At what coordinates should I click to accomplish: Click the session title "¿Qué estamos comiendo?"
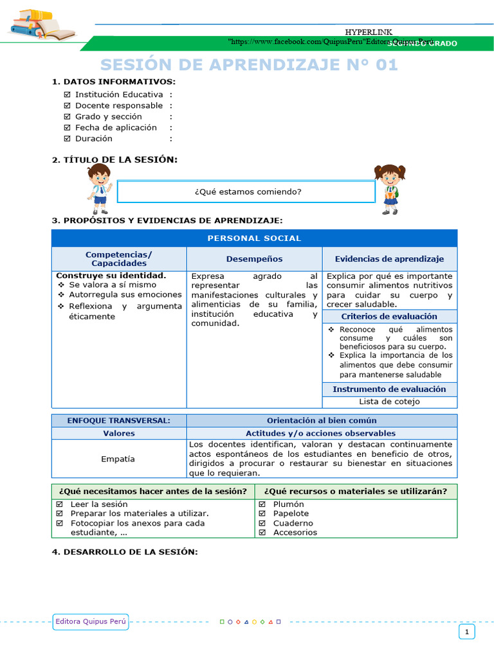click(x=248, y=191)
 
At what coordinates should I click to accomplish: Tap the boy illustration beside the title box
click(x=100, y=188)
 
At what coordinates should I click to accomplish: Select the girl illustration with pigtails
click(x=390, y=189)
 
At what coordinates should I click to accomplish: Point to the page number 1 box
click(x=467, y=632)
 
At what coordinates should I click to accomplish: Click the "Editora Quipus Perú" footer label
click(x=91, y=621)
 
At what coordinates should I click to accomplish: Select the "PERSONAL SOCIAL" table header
click(x=254, y=238)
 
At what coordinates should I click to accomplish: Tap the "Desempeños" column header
click(x=254, y=259)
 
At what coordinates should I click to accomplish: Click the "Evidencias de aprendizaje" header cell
click(x=389, y=259)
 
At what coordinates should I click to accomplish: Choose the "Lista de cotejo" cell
click(x=389, y=402)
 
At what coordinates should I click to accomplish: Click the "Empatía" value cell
click(x=118, y=459)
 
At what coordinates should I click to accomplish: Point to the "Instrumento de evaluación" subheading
click(x=389, y=389)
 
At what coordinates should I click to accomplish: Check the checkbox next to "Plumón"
click(x=262, y=504)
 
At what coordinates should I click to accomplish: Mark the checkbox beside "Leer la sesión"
click(x=59, y=504)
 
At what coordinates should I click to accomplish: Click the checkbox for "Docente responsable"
click(x=68, y=105)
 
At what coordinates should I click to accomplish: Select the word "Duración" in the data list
click(x=93, y=138)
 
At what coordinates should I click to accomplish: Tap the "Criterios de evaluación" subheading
click(x=389, y=316)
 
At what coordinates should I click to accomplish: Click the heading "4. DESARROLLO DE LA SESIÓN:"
click(x=125, y=552)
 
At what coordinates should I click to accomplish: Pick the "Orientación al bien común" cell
click(x=321, y=420)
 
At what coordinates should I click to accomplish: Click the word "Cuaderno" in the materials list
click(x=293, y=523)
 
